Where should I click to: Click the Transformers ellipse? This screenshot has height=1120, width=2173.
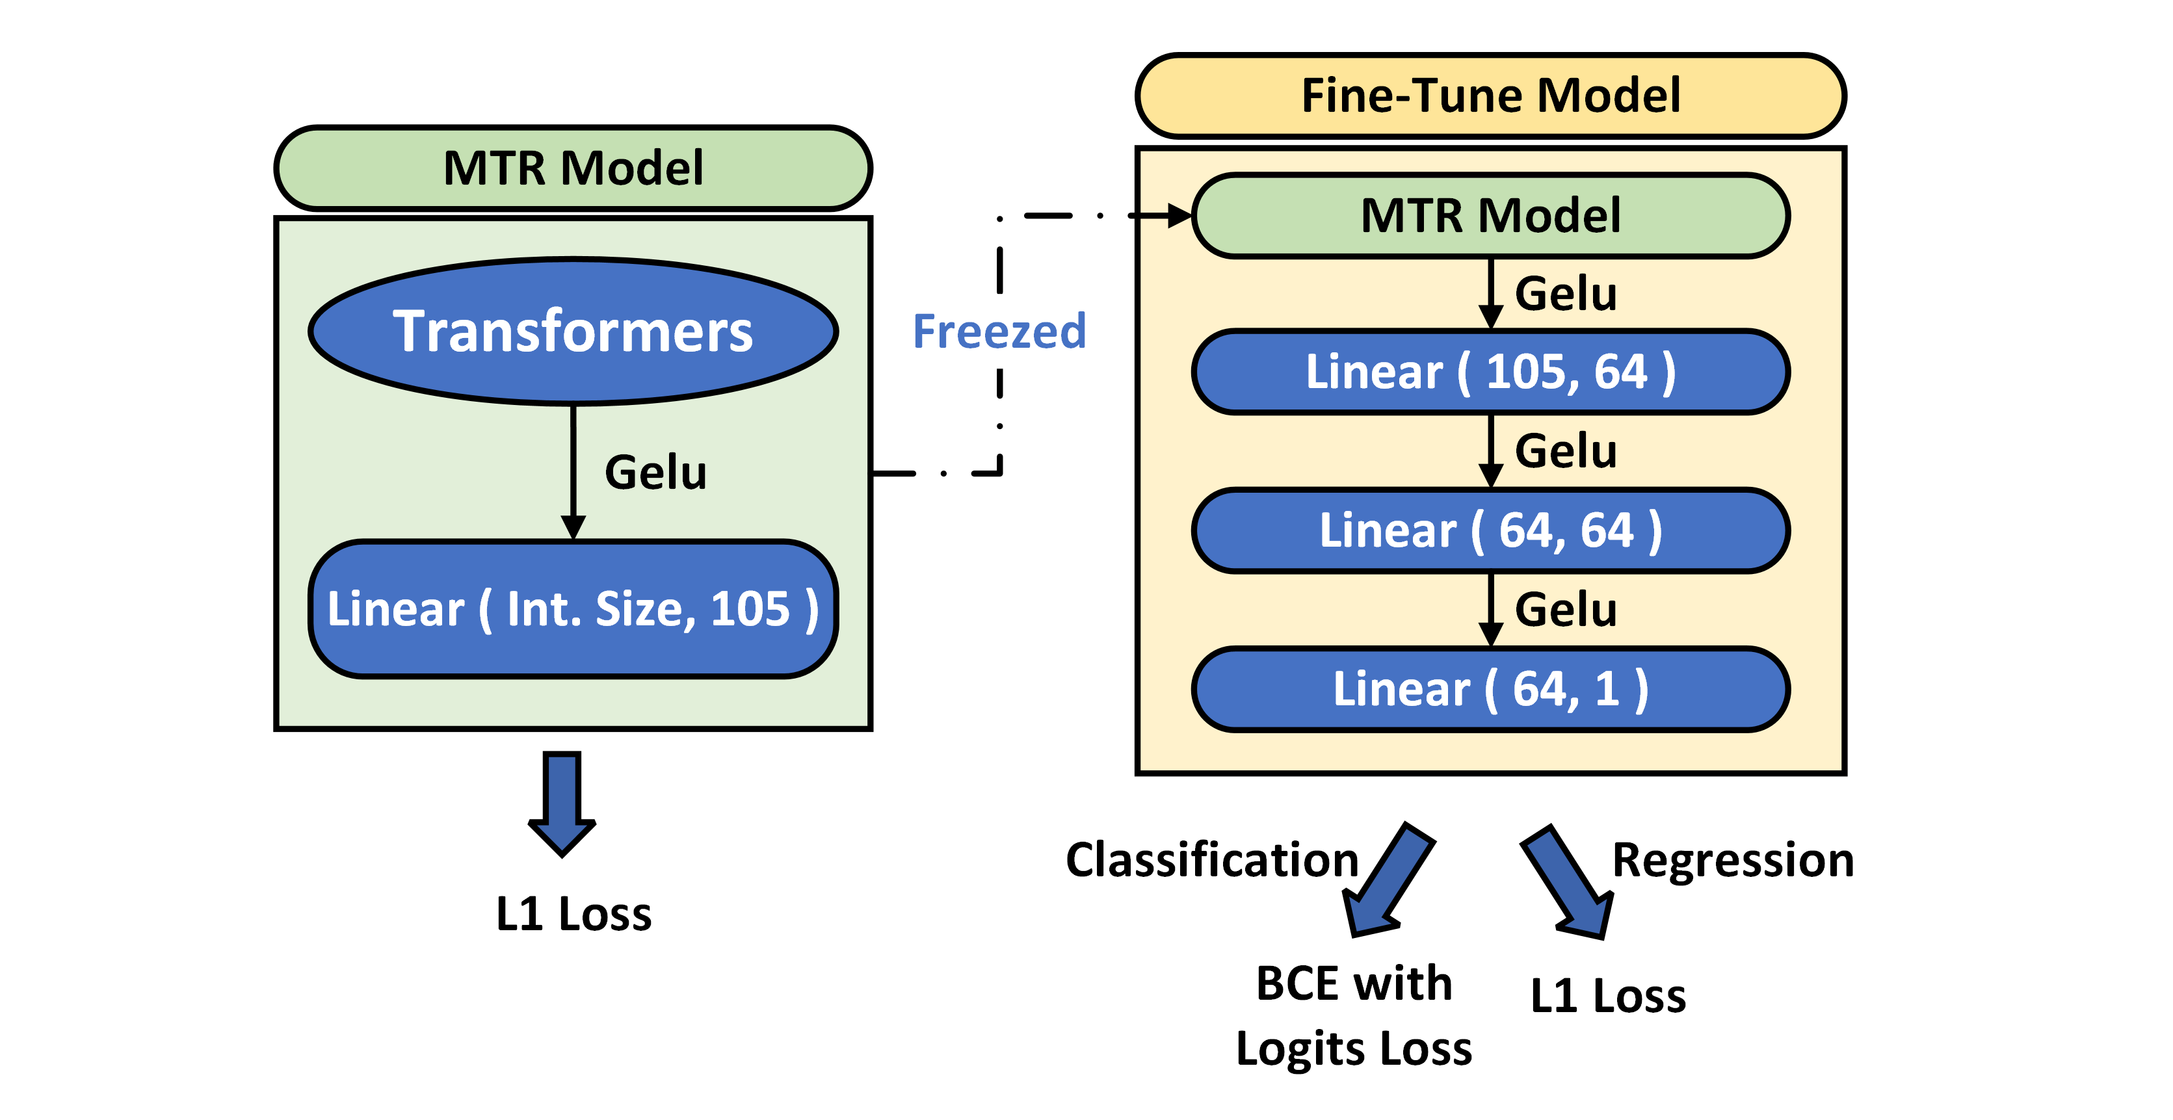[x=573, y=331]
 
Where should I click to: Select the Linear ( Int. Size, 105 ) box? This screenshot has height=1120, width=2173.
[x=573, y=609]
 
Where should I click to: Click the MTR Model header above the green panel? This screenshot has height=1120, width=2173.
[x=573, y=168]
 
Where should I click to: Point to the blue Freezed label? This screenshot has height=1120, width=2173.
[x=999, y=332]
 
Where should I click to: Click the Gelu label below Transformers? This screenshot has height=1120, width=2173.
[x=655, y=473]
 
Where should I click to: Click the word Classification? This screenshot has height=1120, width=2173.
[x=1211, y=860]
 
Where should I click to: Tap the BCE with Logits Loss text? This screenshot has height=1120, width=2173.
[x=1353, y=1015]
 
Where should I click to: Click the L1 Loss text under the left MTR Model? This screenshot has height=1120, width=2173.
[x=573, y=914]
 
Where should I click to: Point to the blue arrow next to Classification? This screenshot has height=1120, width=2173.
[x=1388, y=881]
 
